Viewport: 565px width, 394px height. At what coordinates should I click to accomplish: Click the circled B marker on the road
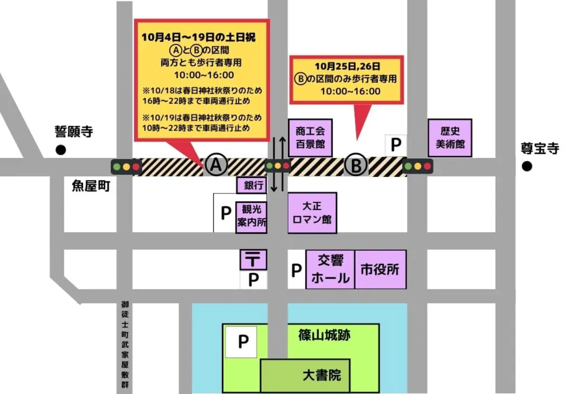pyautogui.click(x=356, y=165)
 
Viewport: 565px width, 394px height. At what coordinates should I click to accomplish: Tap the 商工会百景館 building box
pyautogui.click(x=310, y=137)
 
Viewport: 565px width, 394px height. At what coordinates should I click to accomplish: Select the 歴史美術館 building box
pyautogui.click(x=449, y=137)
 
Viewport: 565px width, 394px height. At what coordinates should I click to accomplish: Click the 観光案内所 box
pyautogui.click(x=251, y=217)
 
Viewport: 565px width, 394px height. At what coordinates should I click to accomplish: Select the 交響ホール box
pyautogui.click(x=330, y=269)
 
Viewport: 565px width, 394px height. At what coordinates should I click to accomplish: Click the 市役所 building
pyautogui.click(x=380, y=269)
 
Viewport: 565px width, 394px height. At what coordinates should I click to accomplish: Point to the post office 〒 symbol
pyautogui.click(x=253, y=260)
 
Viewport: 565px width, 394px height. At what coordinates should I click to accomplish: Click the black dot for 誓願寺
pyautogui.click(x=61, y=150)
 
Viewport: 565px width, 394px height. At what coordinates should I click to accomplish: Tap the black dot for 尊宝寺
pyautogui.click(x=526, y=166)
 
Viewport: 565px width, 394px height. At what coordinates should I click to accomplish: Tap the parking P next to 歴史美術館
pyautogui.click(x=396, y=145)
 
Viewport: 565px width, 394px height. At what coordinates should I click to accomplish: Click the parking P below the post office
pyautogui.click(x=253, y=280)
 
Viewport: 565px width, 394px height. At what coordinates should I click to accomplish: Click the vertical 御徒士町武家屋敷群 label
pyautogui.click(x=125, y=345)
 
